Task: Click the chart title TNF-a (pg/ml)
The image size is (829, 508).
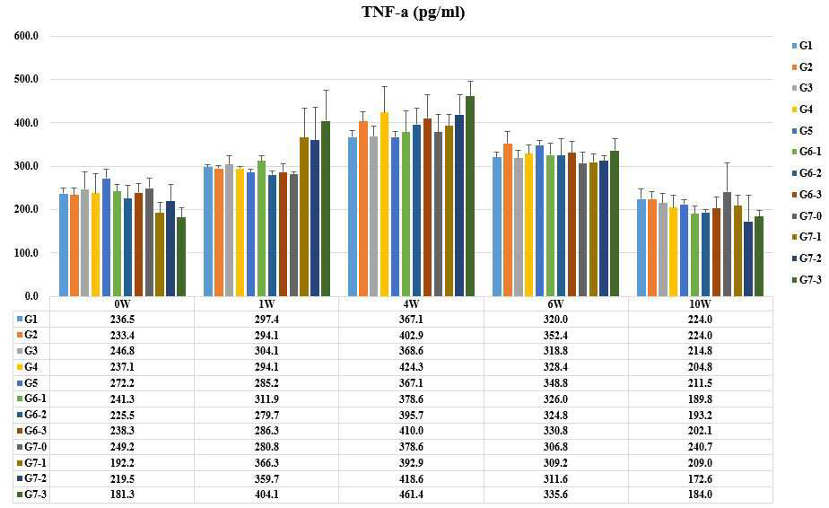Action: pos(413,12)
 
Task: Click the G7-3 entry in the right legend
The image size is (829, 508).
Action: pos(807,279)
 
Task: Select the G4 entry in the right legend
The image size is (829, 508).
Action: pos(802,109)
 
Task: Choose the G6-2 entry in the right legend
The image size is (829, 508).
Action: pos(807,173)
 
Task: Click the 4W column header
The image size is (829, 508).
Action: pos(411,303)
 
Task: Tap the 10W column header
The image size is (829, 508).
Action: pos(700,303)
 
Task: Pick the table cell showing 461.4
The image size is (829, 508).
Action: pos(411,495)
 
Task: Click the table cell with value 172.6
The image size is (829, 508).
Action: pos(700,479)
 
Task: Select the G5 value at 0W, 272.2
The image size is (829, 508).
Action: pos(122,383)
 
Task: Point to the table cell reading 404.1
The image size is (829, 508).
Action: pos(266,495)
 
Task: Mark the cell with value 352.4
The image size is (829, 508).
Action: pos(555,336)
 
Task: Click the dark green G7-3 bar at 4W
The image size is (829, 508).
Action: pos(470,196)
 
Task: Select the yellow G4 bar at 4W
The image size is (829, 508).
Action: pos(384,204)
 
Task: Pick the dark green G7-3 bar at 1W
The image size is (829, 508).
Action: pos(326,208)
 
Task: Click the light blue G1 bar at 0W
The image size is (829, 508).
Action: pos(64,244)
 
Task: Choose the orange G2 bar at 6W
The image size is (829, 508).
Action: pos(508,220)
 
